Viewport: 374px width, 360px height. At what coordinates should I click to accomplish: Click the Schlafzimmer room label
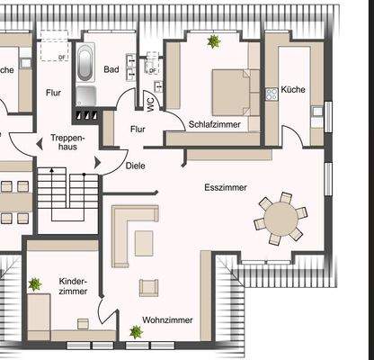[213, 123]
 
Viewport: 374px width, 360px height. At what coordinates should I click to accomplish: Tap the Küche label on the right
[293, 90]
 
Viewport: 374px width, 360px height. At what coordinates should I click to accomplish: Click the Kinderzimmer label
[72, 286]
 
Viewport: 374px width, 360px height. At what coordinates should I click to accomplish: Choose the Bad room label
[111, 69]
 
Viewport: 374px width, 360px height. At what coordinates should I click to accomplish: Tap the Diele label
[136, 166]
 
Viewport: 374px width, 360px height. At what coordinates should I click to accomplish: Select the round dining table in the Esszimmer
[281, 217]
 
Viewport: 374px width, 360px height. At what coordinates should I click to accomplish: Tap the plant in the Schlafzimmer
[214, 41]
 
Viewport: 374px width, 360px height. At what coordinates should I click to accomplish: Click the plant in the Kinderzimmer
[34, 284]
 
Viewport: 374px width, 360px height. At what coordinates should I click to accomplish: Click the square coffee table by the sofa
[144, 242]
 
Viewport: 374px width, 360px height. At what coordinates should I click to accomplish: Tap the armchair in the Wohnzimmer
[148, 288]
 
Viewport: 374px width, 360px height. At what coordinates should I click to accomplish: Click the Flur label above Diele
[138, 129]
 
